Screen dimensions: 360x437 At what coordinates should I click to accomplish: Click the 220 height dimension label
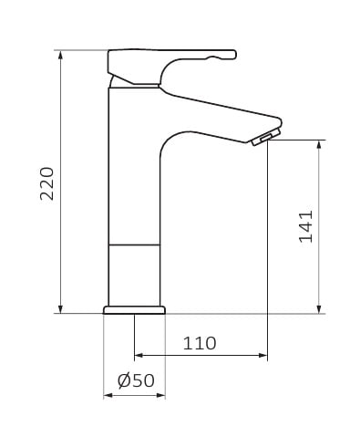point(47,183)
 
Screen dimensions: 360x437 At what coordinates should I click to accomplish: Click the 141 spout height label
point(305,226)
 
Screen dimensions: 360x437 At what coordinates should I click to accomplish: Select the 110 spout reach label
point(200,343)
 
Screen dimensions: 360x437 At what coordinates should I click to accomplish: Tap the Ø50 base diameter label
point(136,380)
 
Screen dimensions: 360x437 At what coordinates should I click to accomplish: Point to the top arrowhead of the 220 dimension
point(61,55)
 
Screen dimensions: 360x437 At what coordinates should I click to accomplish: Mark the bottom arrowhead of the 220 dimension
point(61,308)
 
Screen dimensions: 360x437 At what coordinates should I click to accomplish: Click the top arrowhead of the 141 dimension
point(319,144)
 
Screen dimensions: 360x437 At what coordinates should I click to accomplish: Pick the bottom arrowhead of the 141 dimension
point(319,308)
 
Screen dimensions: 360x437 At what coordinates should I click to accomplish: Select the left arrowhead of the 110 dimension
point(139,355)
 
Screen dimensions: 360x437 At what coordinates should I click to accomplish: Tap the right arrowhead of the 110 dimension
point(262,355)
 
